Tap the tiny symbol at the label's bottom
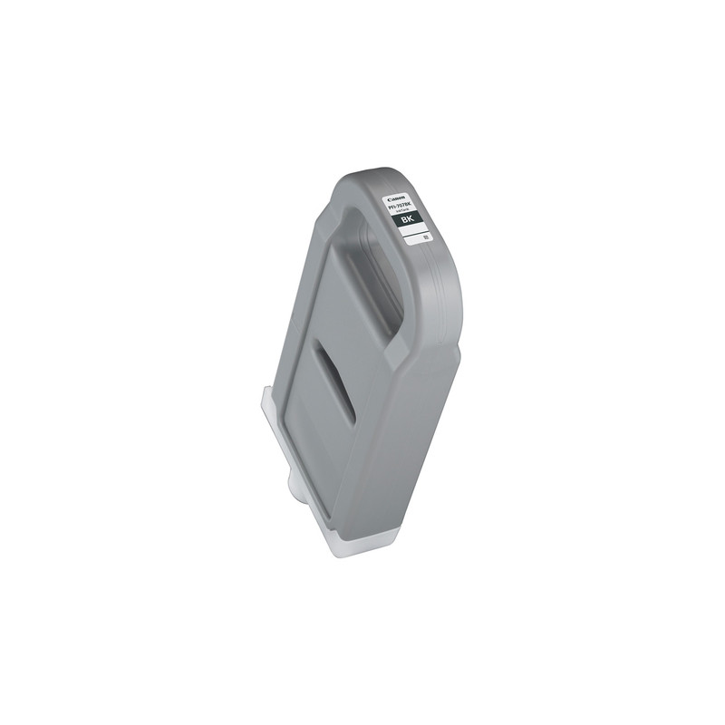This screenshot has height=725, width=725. click(425, 237)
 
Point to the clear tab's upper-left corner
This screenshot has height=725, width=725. click(264, 391)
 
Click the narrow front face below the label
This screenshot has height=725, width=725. click(417, 435)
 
